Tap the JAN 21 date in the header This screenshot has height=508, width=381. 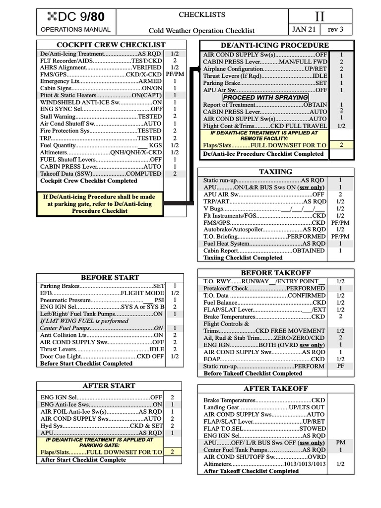click(x=305, y=30)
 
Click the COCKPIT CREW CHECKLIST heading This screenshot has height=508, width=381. click(x=111, y=45)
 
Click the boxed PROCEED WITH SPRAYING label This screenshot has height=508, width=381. click(x=265, y=97)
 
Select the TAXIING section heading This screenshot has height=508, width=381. click(x=276, y=172)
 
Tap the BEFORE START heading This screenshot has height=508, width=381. click(x=110, y=277)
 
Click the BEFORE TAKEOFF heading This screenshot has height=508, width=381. click(x=276, y=273)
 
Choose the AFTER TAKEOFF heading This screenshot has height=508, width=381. click(x=276, y=388)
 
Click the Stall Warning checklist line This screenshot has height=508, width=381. click(x=101, y=116)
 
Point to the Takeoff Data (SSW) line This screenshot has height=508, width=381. click(x=101, y=174)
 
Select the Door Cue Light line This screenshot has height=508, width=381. click(x=102, y=356)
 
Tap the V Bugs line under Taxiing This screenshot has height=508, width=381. click(x=265, y=209)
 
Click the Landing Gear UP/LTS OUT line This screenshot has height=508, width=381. click(x=264, y=407)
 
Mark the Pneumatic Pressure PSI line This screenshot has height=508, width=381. click(x=102, y=300)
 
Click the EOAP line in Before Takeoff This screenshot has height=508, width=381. click(x=264, y=359)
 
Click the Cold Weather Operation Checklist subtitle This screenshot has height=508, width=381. click(x=202, y=30)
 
